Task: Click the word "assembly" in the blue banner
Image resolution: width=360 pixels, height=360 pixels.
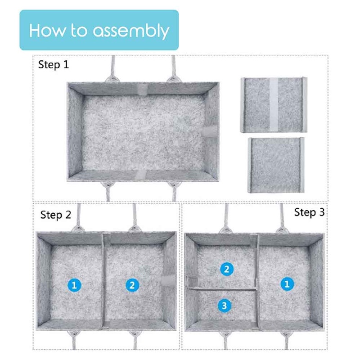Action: [x=131, y=31]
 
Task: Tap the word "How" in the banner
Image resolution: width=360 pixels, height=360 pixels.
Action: [x=47, y=30]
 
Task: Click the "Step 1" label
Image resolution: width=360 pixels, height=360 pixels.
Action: [x=54, y=64]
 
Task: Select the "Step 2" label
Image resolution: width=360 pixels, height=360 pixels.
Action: [x=56, y=215]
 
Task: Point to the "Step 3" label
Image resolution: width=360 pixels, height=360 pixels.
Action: [x=309, y=212]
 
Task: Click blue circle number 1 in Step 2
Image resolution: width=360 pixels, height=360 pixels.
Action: [x=74, y=285]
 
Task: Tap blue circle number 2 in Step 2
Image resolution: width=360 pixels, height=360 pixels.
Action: [x=132, y=285]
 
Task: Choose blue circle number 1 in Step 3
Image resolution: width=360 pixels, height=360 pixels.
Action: [x=287, y=284]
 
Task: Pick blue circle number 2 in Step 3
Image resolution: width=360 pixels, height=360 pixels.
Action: [x=227, y=269]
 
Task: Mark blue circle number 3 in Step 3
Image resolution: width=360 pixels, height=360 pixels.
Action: [x=225, y=306]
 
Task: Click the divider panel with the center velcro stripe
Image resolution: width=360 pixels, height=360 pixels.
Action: [x=274, y=105]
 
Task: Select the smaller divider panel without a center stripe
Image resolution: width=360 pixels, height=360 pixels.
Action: [x=276, y=165]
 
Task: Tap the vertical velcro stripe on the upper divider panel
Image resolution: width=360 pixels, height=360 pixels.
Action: [x=274, y=105]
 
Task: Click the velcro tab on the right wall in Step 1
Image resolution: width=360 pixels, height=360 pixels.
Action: [x=210, y=131]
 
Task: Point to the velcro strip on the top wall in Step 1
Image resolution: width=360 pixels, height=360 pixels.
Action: [x=142, y=89]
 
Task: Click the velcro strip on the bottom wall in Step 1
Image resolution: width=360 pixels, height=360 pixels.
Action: [x=140, y=175]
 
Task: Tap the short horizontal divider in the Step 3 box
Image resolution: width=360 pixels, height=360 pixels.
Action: [x=222, y=289]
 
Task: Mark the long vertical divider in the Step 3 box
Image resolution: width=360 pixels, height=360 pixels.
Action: [x=257, y=283]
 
